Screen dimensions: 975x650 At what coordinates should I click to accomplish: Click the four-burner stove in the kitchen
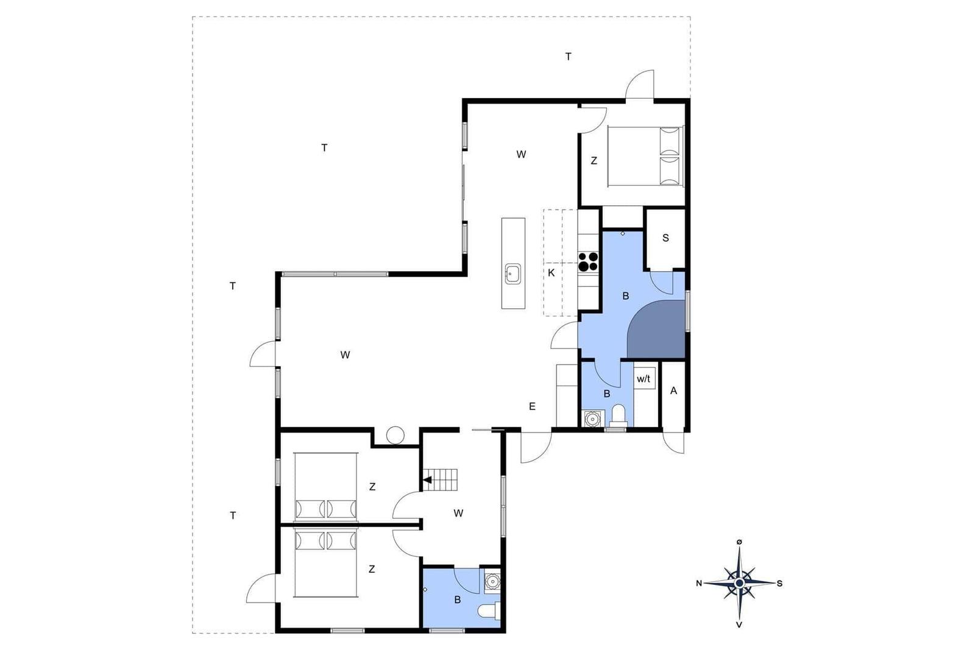point(588,261)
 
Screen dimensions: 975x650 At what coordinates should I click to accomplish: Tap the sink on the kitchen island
point(512,274)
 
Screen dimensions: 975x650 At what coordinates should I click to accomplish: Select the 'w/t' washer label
point(643,379)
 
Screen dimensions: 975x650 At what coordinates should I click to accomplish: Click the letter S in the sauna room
point(665,238)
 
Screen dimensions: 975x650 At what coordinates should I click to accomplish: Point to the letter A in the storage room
point(674,390)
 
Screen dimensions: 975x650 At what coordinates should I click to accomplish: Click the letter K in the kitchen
point(551,273)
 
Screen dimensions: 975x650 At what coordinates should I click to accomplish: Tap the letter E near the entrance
point(532,406)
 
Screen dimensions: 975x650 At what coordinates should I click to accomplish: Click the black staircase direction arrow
point(427,479)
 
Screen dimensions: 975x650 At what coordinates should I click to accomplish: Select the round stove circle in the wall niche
point(395,435)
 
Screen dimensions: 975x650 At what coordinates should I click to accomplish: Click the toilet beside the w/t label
point(619,415)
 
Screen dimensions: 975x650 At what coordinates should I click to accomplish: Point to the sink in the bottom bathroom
point(492,581)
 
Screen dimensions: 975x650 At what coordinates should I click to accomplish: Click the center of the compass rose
point(739,582)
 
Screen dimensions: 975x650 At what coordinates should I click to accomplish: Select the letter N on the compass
point(699,584)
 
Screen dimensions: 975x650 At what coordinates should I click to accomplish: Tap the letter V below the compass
point(739,625)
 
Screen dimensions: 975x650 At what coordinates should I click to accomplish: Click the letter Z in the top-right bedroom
point(594,161)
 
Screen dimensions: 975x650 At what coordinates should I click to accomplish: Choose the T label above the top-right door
point(568,57)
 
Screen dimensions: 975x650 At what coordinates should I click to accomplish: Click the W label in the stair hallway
point(458,514)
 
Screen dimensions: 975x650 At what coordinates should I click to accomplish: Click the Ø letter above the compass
point(739,542)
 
